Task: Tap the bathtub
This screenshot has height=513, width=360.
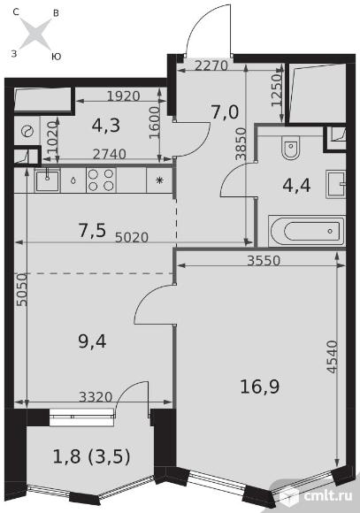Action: coord(306,231)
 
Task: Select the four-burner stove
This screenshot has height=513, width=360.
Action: coord(101,180)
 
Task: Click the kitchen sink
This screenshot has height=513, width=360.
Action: coord(48,180)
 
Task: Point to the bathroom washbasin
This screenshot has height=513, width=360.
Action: coord(335,185)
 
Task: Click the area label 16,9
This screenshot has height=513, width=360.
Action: coord(260,387)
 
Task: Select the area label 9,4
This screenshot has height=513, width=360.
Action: coord(92,342)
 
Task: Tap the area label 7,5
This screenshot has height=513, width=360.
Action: coord(92,230)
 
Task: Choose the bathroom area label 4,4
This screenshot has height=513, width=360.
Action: coord(296,186)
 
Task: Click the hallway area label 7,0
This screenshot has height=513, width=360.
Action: coord(225,112)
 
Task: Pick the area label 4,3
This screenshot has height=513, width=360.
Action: coord(106,125)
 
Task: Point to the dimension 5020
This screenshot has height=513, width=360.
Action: coord(132,237)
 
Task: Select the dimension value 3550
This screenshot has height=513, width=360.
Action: coord(264,260)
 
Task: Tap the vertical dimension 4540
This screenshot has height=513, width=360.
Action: coord(332,356)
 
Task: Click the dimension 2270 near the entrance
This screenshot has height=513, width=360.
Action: coord(211,65)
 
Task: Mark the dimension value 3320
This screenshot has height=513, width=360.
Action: coord(96,397)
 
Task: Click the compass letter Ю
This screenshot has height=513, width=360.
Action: coord(57,57)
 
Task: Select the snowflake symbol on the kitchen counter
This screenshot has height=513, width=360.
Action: coord(160,180)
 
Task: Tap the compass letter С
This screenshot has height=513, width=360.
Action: coord(16,12)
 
